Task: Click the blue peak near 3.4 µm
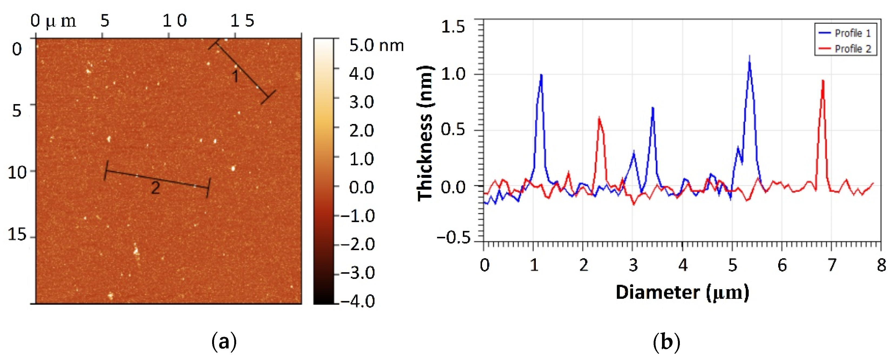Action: [653, 109]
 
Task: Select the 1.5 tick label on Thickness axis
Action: [453, 27]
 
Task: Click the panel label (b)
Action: [666, 342]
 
